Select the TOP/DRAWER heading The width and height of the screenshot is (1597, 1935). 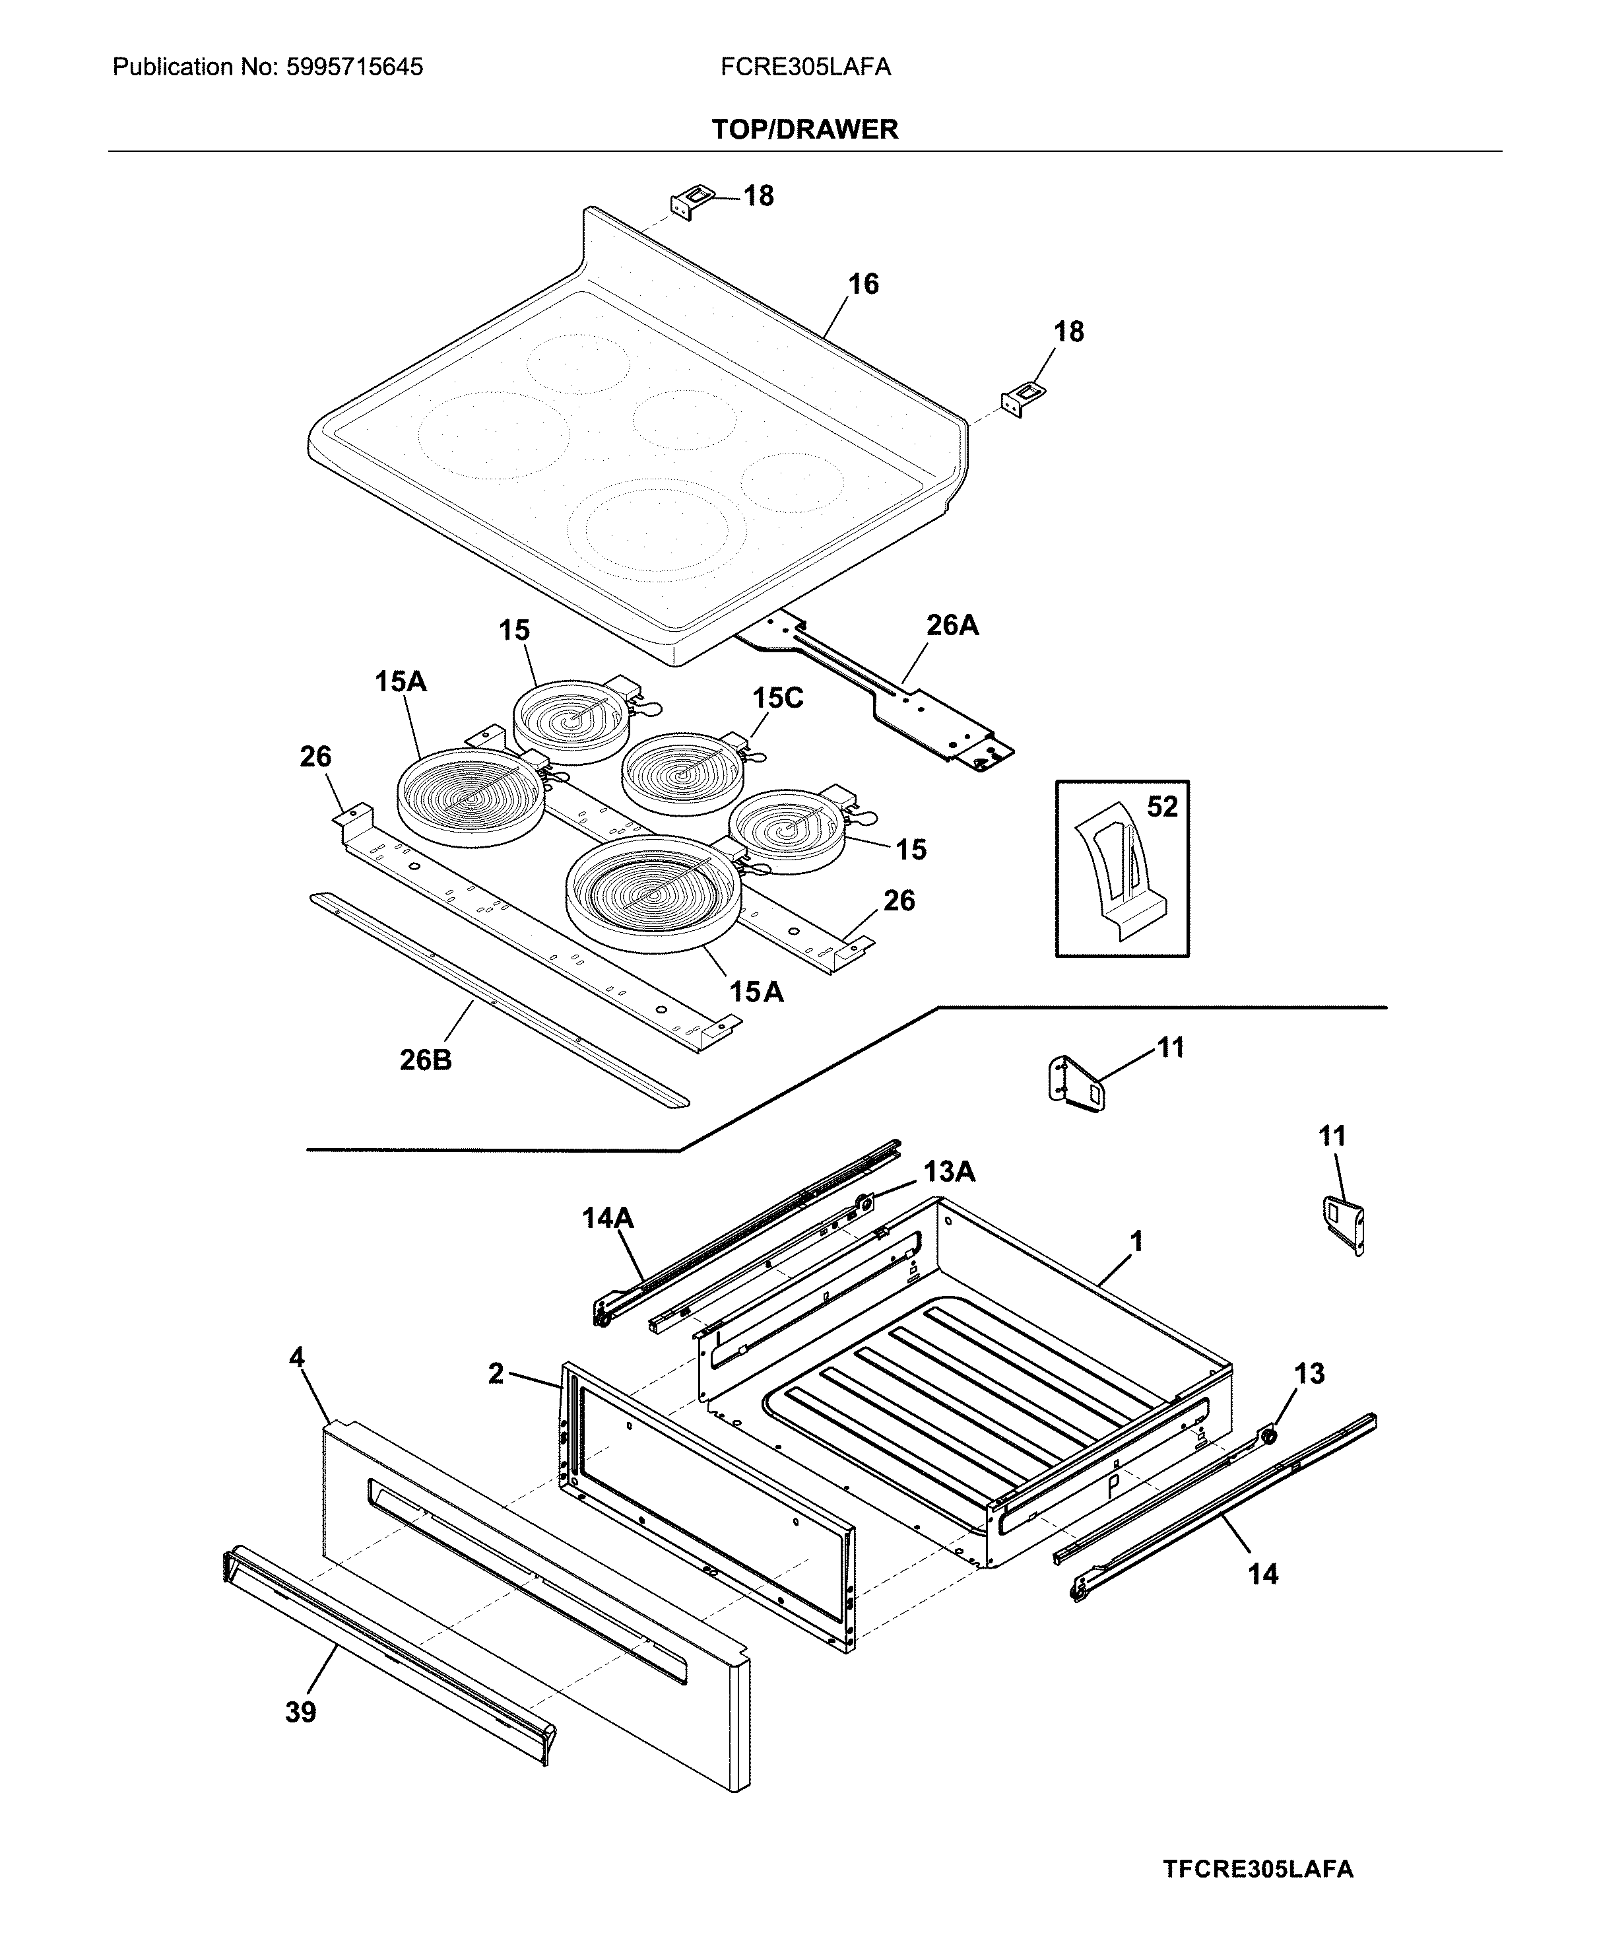click(804, 130)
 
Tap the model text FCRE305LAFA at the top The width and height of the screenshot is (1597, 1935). click(805, 67)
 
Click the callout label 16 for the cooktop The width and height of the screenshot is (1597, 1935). click(863, 285)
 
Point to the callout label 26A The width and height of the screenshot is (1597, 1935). click(952, 626)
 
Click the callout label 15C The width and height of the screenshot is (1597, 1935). click(777, 698)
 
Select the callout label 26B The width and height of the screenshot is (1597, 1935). click(425, 1060)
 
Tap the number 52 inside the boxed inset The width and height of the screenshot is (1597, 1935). click(1162, 807)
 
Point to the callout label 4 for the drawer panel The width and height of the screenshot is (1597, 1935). click(296, 1357)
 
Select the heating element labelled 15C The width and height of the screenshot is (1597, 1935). click(681, 774)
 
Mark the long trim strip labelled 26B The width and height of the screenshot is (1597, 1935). click(497, 998)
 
